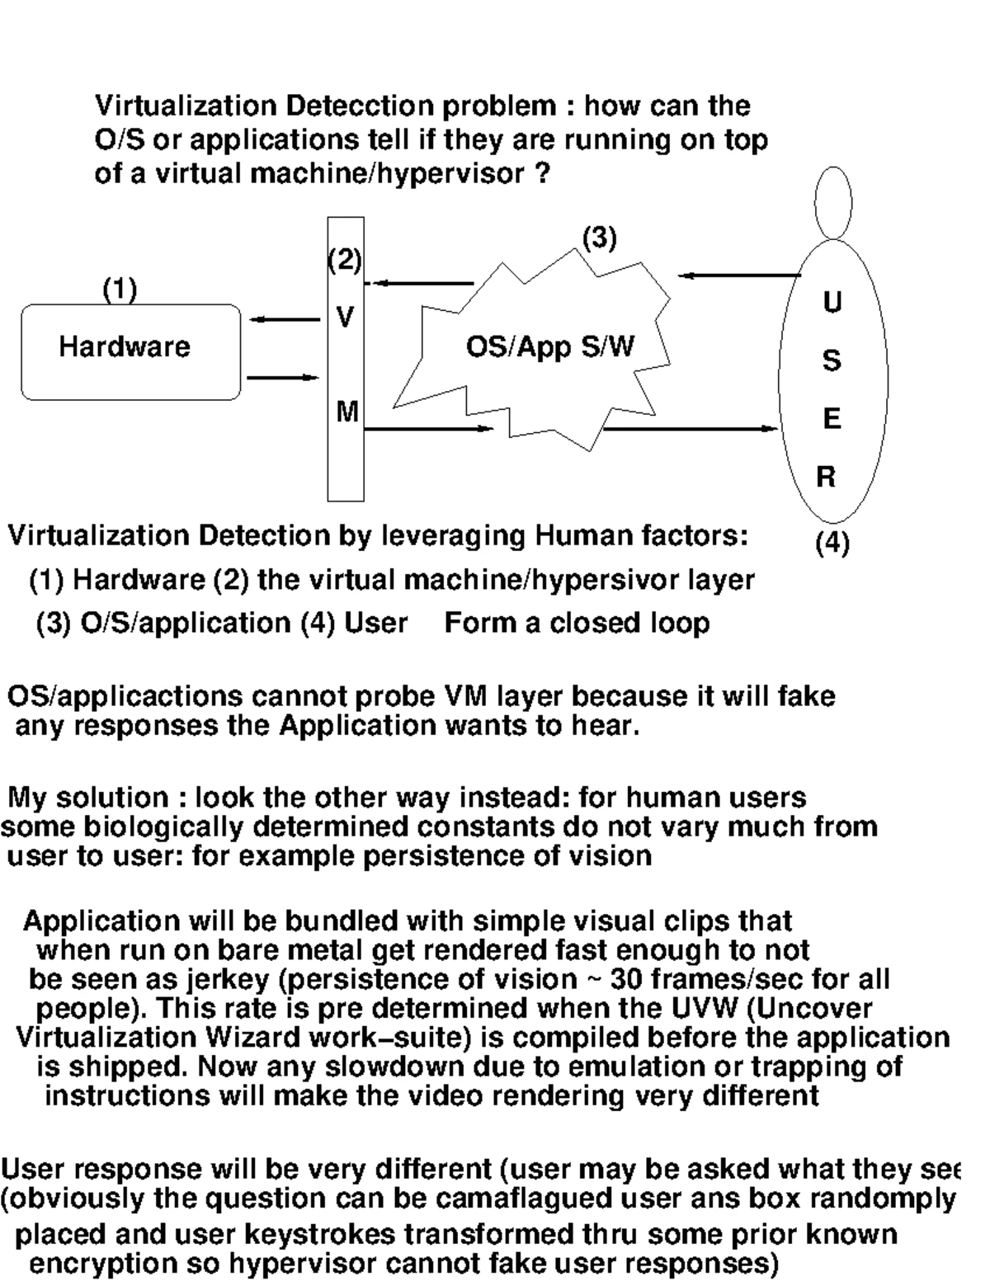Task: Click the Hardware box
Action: [131, 352]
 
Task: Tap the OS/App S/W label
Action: [550, 346]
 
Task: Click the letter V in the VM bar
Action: [346, 317]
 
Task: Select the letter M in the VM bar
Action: [346, 412]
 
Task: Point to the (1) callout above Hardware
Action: [120, 290]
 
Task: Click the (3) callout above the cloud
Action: [600, 238]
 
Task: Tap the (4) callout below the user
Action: [832, 544]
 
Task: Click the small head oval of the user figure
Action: [833, 202]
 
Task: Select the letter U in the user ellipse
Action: [832, 304]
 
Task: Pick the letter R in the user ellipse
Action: [826, 477]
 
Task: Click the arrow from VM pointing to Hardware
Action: [284, 319]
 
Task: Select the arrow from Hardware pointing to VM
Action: [282, 378]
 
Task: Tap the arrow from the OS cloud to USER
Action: [690, 428]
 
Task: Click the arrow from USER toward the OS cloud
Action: [739, 276]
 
